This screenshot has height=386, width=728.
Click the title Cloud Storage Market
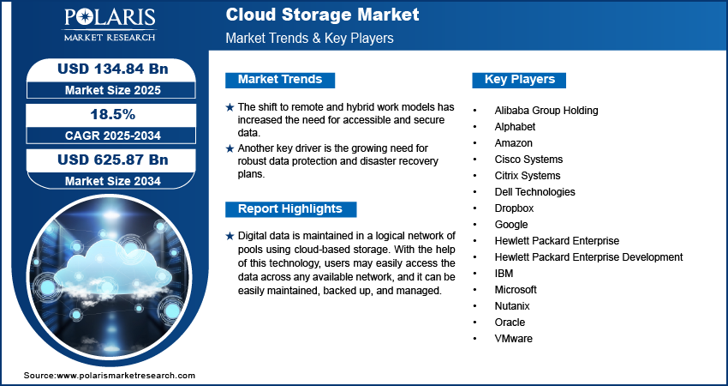click(322, 15)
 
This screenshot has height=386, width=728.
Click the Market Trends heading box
click(279, 80)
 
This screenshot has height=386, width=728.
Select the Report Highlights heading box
click(289, 208)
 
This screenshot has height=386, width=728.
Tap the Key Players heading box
click(519, 80)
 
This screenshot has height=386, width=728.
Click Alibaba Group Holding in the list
click(546, 111)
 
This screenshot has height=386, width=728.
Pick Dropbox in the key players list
click(514, 208)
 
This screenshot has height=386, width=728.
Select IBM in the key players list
click(504, 274)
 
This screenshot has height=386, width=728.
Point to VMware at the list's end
click(513, 339)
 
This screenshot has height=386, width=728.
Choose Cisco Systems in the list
click(528, 160)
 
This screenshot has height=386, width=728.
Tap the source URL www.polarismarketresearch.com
click(125, 376)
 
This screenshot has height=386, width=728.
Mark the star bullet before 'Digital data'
click(229, 236)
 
